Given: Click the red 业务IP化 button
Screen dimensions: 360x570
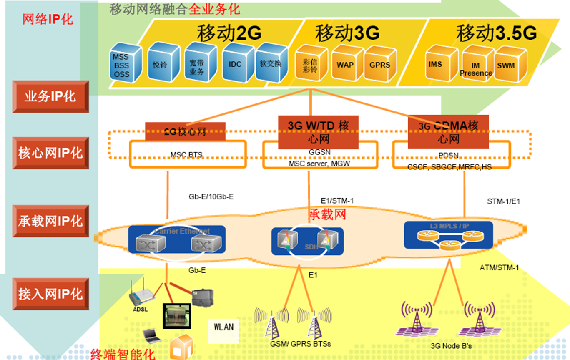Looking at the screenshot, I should click(x=50, y=97).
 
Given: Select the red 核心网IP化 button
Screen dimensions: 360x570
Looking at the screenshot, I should click(x=50, y=153).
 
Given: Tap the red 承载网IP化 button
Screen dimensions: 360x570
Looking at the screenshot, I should click(x=50, y=221).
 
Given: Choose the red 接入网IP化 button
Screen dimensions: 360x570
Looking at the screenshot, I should click(x=50, y=294).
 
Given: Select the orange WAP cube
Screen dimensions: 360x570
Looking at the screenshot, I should click(x=346, y=65).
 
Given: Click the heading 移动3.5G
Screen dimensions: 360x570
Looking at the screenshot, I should click(x=496, y=33).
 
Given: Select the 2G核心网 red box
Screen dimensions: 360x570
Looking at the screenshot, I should click(x=185, y=131).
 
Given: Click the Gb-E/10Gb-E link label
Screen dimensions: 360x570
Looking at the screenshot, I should click(x=211, y=196).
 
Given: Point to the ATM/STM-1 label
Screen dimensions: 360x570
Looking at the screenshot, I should click(x=499, y=267).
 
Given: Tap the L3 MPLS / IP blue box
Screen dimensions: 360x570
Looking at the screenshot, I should click(x=449, y=235).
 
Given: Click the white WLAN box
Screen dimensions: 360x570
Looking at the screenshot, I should click(x=223, y=326).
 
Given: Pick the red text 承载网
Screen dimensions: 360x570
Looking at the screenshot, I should click(x=327, y=215).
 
